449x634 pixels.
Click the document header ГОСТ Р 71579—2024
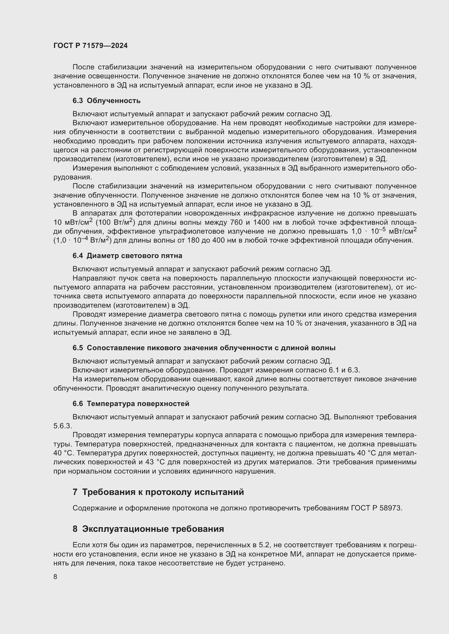90,46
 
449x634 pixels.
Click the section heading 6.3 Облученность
106,101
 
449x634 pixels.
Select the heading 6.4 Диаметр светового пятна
127,255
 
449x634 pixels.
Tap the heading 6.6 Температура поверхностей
131,403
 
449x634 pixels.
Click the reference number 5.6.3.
62,426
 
